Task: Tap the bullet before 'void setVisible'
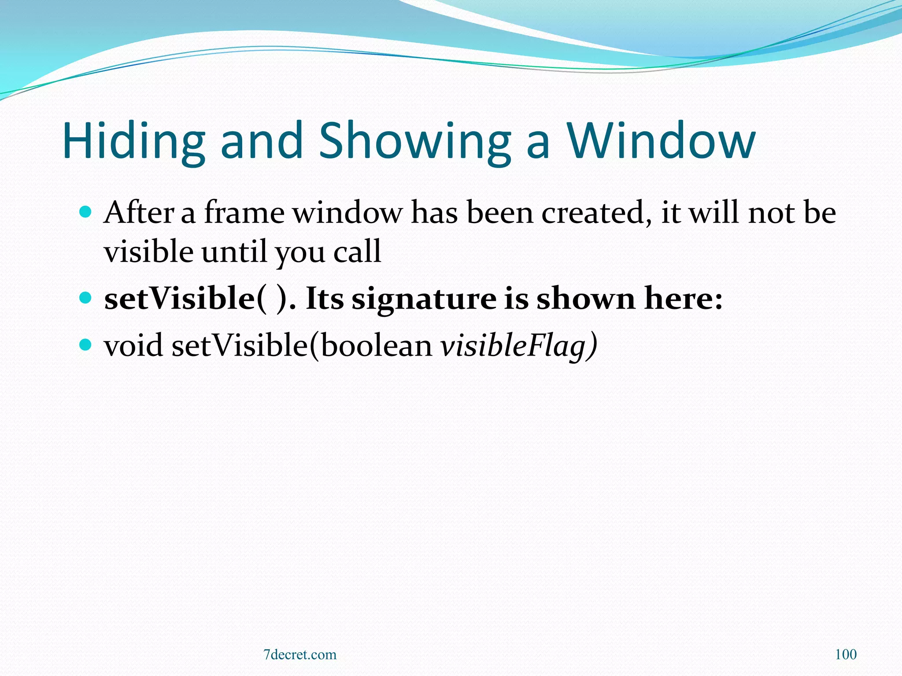[85, 344]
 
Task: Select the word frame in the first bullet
[244, 213]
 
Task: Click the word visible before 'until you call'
[148, 252]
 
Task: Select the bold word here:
[683, 298]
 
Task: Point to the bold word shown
[585, 298]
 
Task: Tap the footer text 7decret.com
[299, 654]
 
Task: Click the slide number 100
[846, 654]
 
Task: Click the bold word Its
[324, 298]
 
